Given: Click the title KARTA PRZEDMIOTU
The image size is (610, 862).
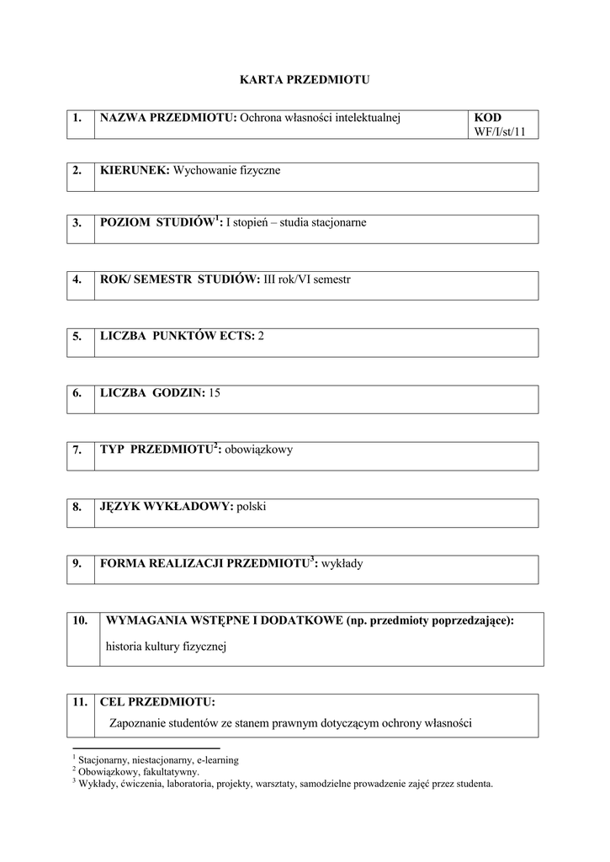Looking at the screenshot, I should tap(305, 80).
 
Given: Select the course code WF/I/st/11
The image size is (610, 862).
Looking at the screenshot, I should tap(505, 131).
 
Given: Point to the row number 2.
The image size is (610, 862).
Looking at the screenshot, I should tap(77, 171).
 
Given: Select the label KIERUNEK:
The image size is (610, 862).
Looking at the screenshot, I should tap(135, 171).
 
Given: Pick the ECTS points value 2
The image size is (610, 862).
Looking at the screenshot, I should tap(261, 336).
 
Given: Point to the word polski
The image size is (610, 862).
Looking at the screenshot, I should tap(252, 507).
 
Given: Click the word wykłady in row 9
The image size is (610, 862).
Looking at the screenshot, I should tap(342, 564).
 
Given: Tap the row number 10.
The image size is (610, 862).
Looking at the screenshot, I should tap(80, 621).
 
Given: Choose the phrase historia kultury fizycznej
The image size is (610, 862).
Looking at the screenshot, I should tap(167, 647).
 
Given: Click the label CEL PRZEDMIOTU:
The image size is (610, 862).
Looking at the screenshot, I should tap(157, 701).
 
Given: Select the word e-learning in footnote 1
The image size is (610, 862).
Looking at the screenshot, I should tap(218, 760).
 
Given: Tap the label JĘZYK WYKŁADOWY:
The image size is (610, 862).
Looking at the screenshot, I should tap(166, 507).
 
